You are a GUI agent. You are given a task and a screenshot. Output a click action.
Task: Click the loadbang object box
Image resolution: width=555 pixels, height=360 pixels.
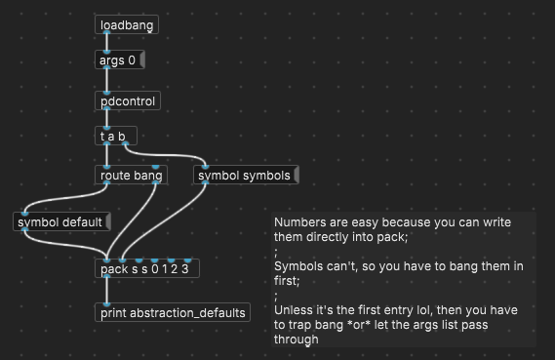[127, 24]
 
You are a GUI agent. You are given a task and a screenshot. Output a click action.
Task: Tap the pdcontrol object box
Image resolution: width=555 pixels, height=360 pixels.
[127, 100]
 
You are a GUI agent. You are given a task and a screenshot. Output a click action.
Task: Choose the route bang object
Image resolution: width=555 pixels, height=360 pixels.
[131, 176]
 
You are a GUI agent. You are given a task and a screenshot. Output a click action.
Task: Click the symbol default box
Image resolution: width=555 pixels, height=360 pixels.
[60, 222]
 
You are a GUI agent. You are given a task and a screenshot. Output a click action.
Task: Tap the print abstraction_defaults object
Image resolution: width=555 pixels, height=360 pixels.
[173, 313]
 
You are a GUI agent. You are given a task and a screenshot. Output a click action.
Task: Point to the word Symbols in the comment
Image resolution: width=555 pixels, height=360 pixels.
[298, 266]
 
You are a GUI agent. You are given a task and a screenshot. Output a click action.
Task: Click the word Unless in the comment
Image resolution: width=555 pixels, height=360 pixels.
[294, 310]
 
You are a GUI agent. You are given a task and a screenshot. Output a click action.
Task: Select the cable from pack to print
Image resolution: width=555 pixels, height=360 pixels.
[105, 291]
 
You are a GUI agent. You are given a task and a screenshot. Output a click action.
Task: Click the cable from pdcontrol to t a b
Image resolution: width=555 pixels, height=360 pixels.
[105, 118]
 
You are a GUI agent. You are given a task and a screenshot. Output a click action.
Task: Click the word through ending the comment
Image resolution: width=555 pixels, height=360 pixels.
[297, 340]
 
